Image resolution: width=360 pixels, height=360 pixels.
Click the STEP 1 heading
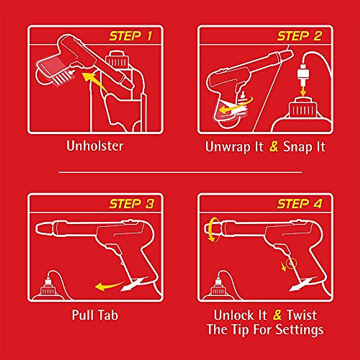130,36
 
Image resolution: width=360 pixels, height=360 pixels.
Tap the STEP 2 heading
299,36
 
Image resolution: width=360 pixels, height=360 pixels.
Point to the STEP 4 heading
300,204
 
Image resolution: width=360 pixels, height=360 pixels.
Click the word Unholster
95,146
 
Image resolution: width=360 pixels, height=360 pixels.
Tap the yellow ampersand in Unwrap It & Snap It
274,146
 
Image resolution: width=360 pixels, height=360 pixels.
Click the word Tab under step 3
108,315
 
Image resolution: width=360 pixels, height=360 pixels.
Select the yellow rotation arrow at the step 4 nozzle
213,229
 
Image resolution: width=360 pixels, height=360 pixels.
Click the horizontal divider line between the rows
180,172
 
